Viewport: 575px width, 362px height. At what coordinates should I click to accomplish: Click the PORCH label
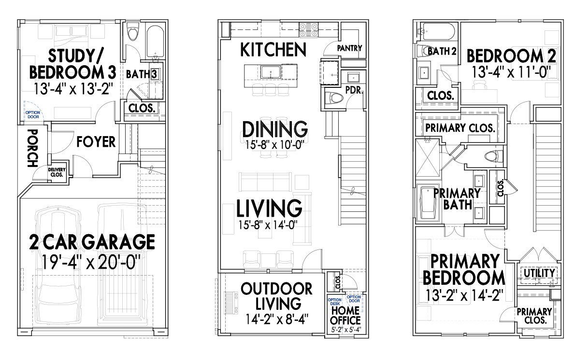[32, 148]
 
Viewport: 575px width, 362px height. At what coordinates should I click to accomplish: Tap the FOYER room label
[96, 142]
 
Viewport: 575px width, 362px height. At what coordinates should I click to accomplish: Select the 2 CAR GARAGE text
[91, 241]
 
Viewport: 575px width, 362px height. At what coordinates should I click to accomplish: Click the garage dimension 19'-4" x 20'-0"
[91, 264]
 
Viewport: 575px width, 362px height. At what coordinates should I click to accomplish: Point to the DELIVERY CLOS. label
[57, 172]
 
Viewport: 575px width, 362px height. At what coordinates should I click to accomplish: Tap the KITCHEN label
[273, 49]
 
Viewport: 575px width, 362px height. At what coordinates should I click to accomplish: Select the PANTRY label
[349, 48]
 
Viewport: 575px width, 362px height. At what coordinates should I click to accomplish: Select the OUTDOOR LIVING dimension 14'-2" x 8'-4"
[270, 319]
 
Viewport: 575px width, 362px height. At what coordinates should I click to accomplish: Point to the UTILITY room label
[539, 273]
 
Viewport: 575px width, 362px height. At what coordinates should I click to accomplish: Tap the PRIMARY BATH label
[457, 198]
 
